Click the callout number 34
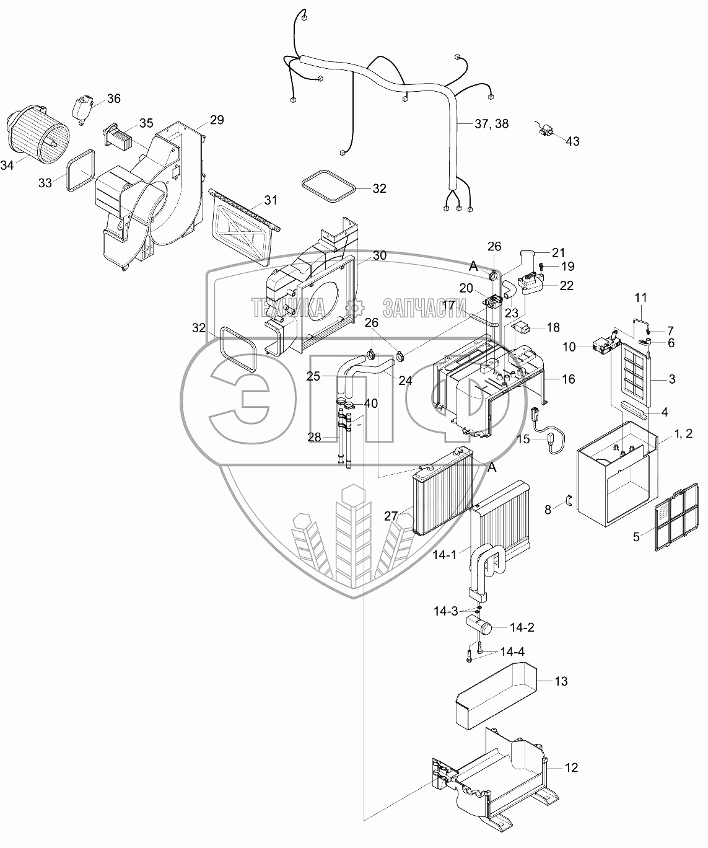(7, 165)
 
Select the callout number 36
(114, 99)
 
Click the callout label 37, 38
(492, 123)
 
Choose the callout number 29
(217, 120)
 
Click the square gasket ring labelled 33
(81, 170)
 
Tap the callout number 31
(270, 200)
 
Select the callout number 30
(380, 255)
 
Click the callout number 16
(569, 379)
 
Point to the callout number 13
(561, 681)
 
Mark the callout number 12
(571, 767)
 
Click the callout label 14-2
(522, 627)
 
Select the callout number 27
(390, 516)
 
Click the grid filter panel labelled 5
(676, 517)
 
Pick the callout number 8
(548, 510)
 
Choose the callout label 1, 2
(684, 434)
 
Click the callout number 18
(553, 327)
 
